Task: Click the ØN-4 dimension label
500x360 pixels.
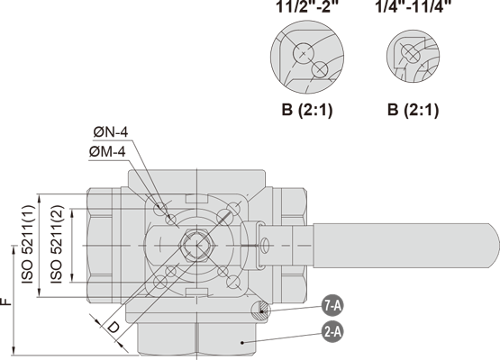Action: tap(111, 132)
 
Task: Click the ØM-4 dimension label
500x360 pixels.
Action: tap(107, 152)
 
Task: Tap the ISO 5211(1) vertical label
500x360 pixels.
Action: tap(27, 245)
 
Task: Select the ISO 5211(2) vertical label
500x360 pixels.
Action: tap(58, 245)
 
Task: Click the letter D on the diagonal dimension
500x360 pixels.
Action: tap(113, 328)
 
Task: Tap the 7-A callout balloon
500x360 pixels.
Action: tap(332, 306)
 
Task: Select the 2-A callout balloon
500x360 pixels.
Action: tap(332, 332)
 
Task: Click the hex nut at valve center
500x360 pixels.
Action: tap(196, 246)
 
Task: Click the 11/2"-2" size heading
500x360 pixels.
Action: tap(307, 6)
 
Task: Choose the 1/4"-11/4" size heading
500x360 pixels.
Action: tap(414, 6)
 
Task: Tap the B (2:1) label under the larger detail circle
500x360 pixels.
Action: tap(307, 110)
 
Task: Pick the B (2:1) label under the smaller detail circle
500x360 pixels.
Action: tap(413, 110)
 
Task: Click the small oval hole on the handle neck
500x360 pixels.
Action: tap(265, 246)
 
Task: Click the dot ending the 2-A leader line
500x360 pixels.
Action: tap(242, 343)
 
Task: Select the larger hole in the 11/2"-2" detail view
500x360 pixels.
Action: tap(303, 53)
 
